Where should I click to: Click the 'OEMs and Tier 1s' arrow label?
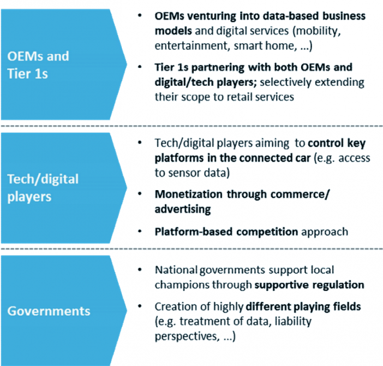[38, 65]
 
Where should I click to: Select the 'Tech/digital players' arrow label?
[43, 188]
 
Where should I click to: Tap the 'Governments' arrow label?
[49, 311]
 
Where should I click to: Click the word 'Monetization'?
[189, 194]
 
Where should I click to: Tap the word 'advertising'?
[183, 210]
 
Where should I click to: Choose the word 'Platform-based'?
[194, 232]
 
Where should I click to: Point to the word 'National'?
[176, 270]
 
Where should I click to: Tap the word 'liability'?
[293, 322]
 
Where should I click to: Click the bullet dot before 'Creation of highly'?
[140, 306]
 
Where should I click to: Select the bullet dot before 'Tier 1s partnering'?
[140, 67]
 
